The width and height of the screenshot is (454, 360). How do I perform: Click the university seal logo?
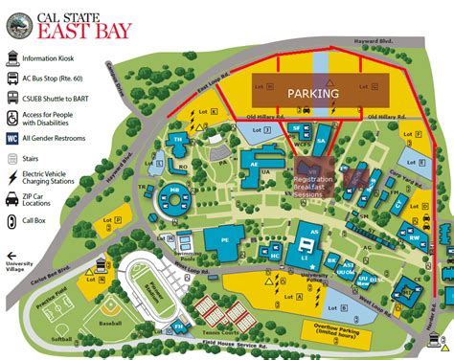pyautogui.click(x=17, y=28)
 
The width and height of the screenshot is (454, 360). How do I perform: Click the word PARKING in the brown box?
pyautogui.click(x=313, y=93)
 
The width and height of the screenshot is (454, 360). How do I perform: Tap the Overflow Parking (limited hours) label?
pyautogui.click(x=334, y=330)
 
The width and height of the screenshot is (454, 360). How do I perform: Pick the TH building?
pyautogui.click(x=178, y=142)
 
